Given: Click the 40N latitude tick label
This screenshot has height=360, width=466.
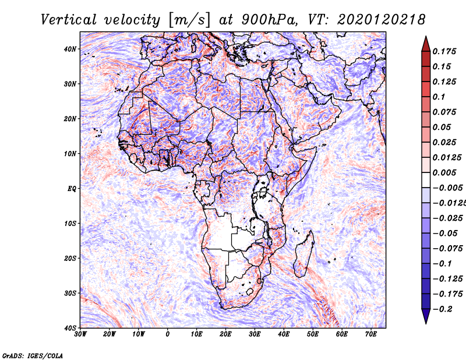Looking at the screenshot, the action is [x=70, y=49].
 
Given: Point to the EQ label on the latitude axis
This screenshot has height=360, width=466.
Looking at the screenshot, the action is [x=72, y=189].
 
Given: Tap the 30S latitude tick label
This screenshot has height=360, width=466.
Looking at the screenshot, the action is [x=70, y=294].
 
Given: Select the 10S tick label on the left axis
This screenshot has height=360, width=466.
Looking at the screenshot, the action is [x=70, y=224].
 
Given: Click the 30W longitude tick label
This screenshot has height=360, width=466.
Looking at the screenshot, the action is [x=80, y=334].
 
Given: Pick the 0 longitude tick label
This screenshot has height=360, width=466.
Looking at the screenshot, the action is [x=168, y=334].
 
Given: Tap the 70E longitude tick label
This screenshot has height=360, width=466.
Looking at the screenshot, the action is [x=371, y=334].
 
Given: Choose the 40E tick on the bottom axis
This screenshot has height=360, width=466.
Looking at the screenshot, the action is [x=284, y=334].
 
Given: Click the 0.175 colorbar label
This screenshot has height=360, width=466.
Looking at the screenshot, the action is [x=444, y=52].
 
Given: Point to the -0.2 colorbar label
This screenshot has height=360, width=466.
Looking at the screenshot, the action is [x=443, y=309].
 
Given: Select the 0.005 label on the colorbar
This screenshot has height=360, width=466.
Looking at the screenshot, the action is [x=444, y=172].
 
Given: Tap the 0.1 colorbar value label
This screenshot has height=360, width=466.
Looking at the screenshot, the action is [x=439, y=97].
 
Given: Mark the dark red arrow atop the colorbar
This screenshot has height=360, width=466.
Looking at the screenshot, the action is [x=426, y=44].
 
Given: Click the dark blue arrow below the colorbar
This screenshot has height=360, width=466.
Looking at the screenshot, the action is [x=426, y=316].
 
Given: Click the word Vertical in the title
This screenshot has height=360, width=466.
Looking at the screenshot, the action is [x=69, y=20].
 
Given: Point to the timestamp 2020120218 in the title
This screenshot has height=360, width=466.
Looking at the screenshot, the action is [x=382, y=20].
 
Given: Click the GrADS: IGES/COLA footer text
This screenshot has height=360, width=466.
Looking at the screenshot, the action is [x=33, y=355].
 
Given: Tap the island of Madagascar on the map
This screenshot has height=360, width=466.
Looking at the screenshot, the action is [x=303, y=256].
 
